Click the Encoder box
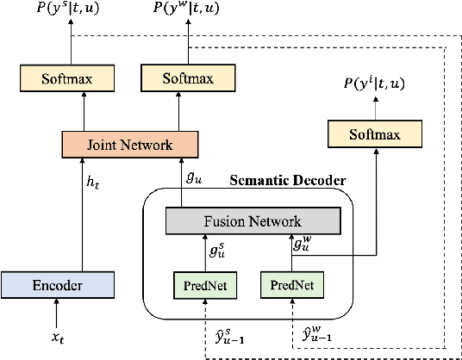click(56, 284)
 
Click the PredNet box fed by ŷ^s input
click(200, 284)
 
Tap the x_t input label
click(56, 338)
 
